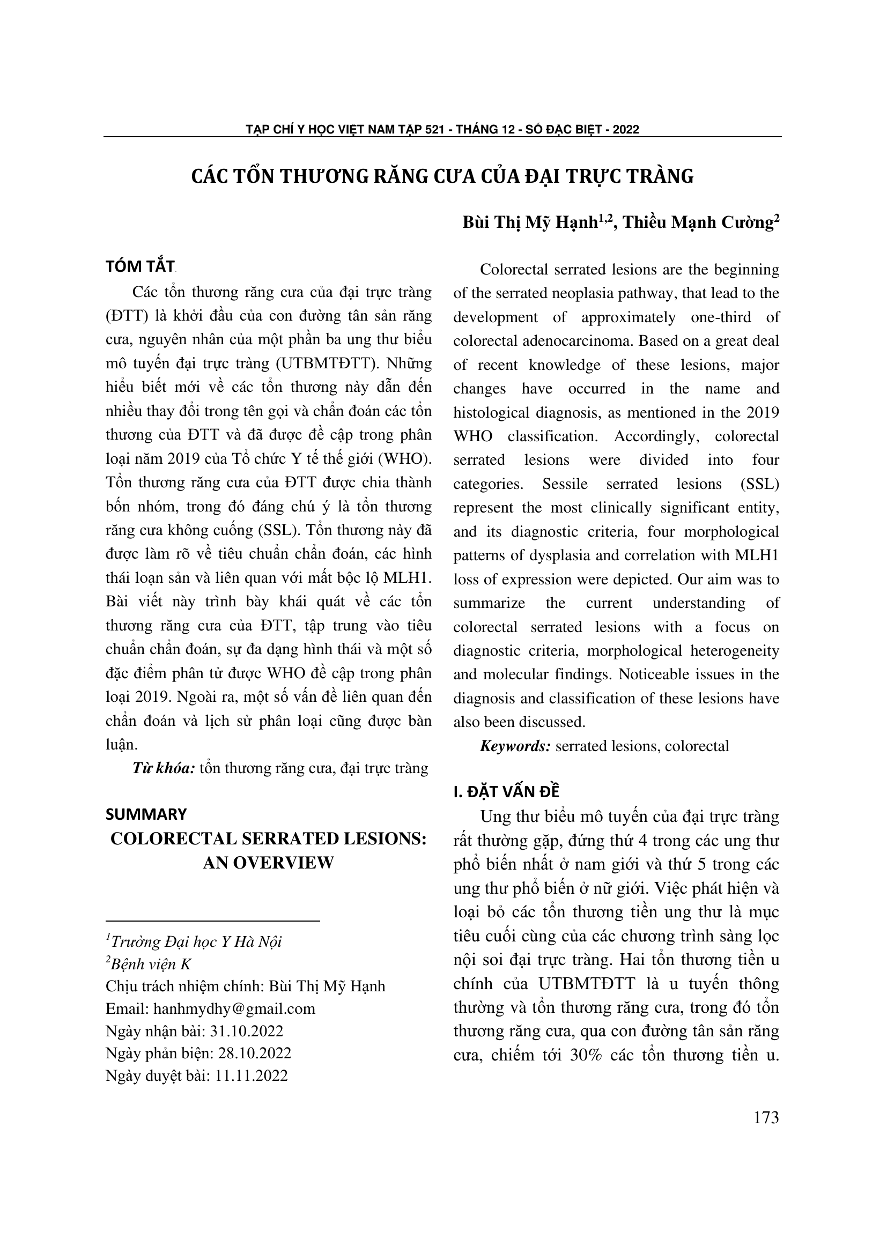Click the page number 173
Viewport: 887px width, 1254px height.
(766, 1117)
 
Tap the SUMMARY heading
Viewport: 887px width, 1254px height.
(146, 814)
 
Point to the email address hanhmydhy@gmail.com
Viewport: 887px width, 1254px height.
(234, 1008)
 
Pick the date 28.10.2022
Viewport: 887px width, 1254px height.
(255, 1053)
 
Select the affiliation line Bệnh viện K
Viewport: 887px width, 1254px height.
(151, 964)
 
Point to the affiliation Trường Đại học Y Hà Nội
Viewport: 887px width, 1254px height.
(196, 941)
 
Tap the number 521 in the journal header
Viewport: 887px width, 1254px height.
(435, 129)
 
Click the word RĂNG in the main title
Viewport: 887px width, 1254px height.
(403, 176)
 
